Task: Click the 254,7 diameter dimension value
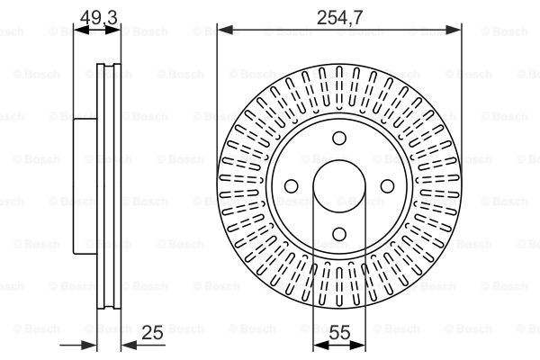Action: point(339,17)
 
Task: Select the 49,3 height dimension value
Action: point(98,17)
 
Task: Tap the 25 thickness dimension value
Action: point(152,332)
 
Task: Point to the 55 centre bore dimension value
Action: point(339,332)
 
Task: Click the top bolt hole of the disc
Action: point(339,138)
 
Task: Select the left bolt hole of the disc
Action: point(292,186)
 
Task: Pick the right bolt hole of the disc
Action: point(387,186)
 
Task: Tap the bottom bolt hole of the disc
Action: point(339,234)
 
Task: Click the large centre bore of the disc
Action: point(339,186)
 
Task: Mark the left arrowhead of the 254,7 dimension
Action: point(226,31)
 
